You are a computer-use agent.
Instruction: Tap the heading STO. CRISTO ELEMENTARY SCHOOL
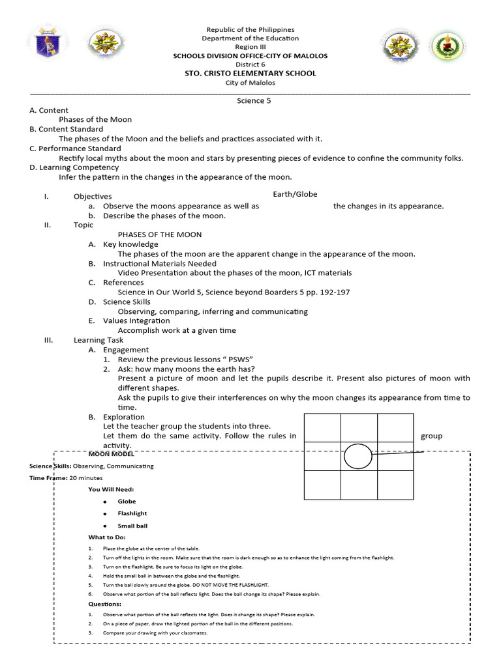click(x=250, y=74)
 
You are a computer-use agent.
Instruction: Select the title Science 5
click(x=250, y=101)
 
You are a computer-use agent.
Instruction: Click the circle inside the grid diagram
click(x=357, y=456)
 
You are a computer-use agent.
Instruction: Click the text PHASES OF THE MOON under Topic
click(x=160, y=234)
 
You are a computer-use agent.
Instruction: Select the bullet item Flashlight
click(x=132, y=513)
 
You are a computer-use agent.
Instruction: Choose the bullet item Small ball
click(x=132, y=526)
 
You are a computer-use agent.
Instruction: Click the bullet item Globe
click(x=127, y=502)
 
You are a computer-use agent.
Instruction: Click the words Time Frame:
click(x=48, y=478)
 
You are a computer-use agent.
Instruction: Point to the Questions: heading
click(x=105, y=604)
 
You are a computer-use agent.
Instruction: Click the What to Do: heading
click(x=107, y=537)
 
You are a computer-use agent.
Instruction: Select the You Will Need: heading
click(x=112, y=490)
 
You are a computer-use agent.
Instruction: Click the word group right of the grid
click(x=431, y=436)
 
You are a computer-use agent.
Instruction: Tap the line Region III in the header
click(x=250, y=48)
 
